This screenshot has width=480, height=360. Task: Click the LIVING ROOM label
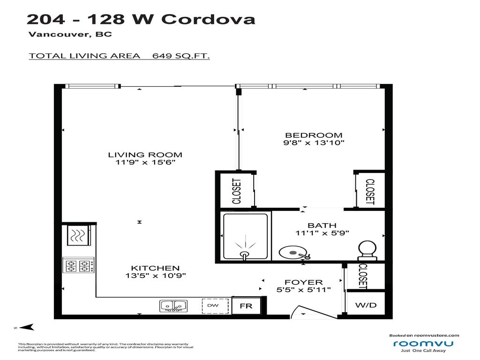click(x=145, y=155)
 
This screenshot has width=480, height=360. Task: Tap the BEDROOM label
click(x=314, y=135)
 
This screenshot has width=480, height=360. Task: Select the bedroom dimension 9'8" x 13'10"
click(x=314, y=143)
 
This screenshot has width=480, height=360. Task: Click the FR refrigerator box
click(x=246, y=306)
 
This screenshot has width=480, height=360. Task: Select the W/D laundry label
click(x=366, y=306)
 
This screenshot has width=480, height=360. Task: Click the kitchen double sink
click(x=173, y=306)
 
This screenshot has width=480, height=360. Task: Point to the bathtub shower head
click(x=244, y=254)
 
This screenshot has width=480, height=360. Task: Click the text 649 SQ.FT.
click(x=181, y=56)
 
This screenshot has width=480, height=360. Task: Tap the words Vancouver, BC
click(x=70, y=34)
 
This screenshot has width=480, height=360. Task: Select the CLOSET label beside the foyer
click(x=362, y=276)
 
